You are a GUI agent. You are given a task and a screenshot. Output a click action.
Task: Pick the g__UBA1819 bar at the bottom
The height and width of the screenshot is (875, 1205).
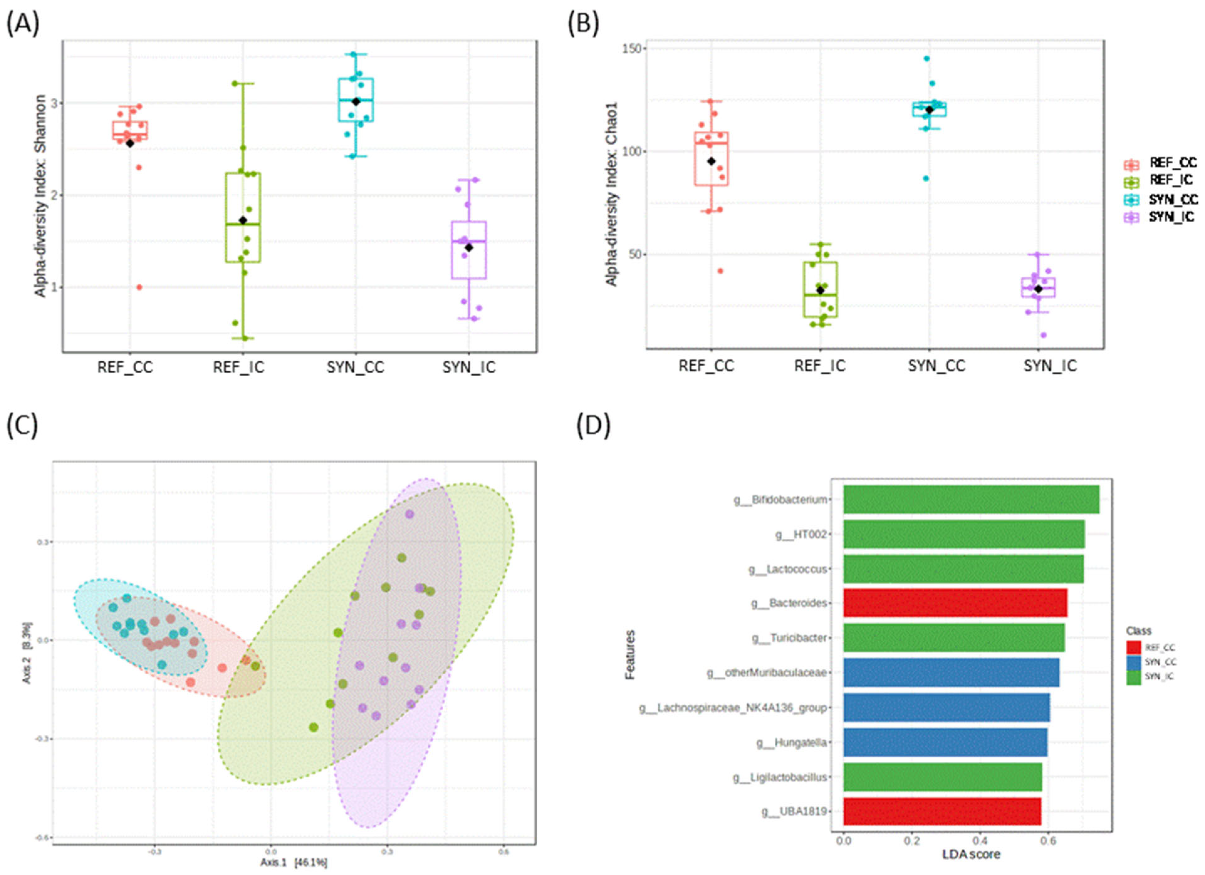(942, 811)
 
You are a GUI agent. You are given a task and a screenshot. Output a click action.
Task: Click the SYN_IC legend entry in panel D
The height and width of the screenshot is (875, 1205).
(1159, 677)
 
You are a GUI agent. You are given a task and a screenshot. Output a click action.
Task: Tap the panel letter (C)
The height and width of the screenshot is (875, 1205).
(22, 425)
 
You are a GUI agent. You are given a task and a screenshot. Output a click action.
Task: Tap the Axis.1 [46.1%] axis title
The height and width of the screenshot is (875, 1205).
(293, 863)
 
